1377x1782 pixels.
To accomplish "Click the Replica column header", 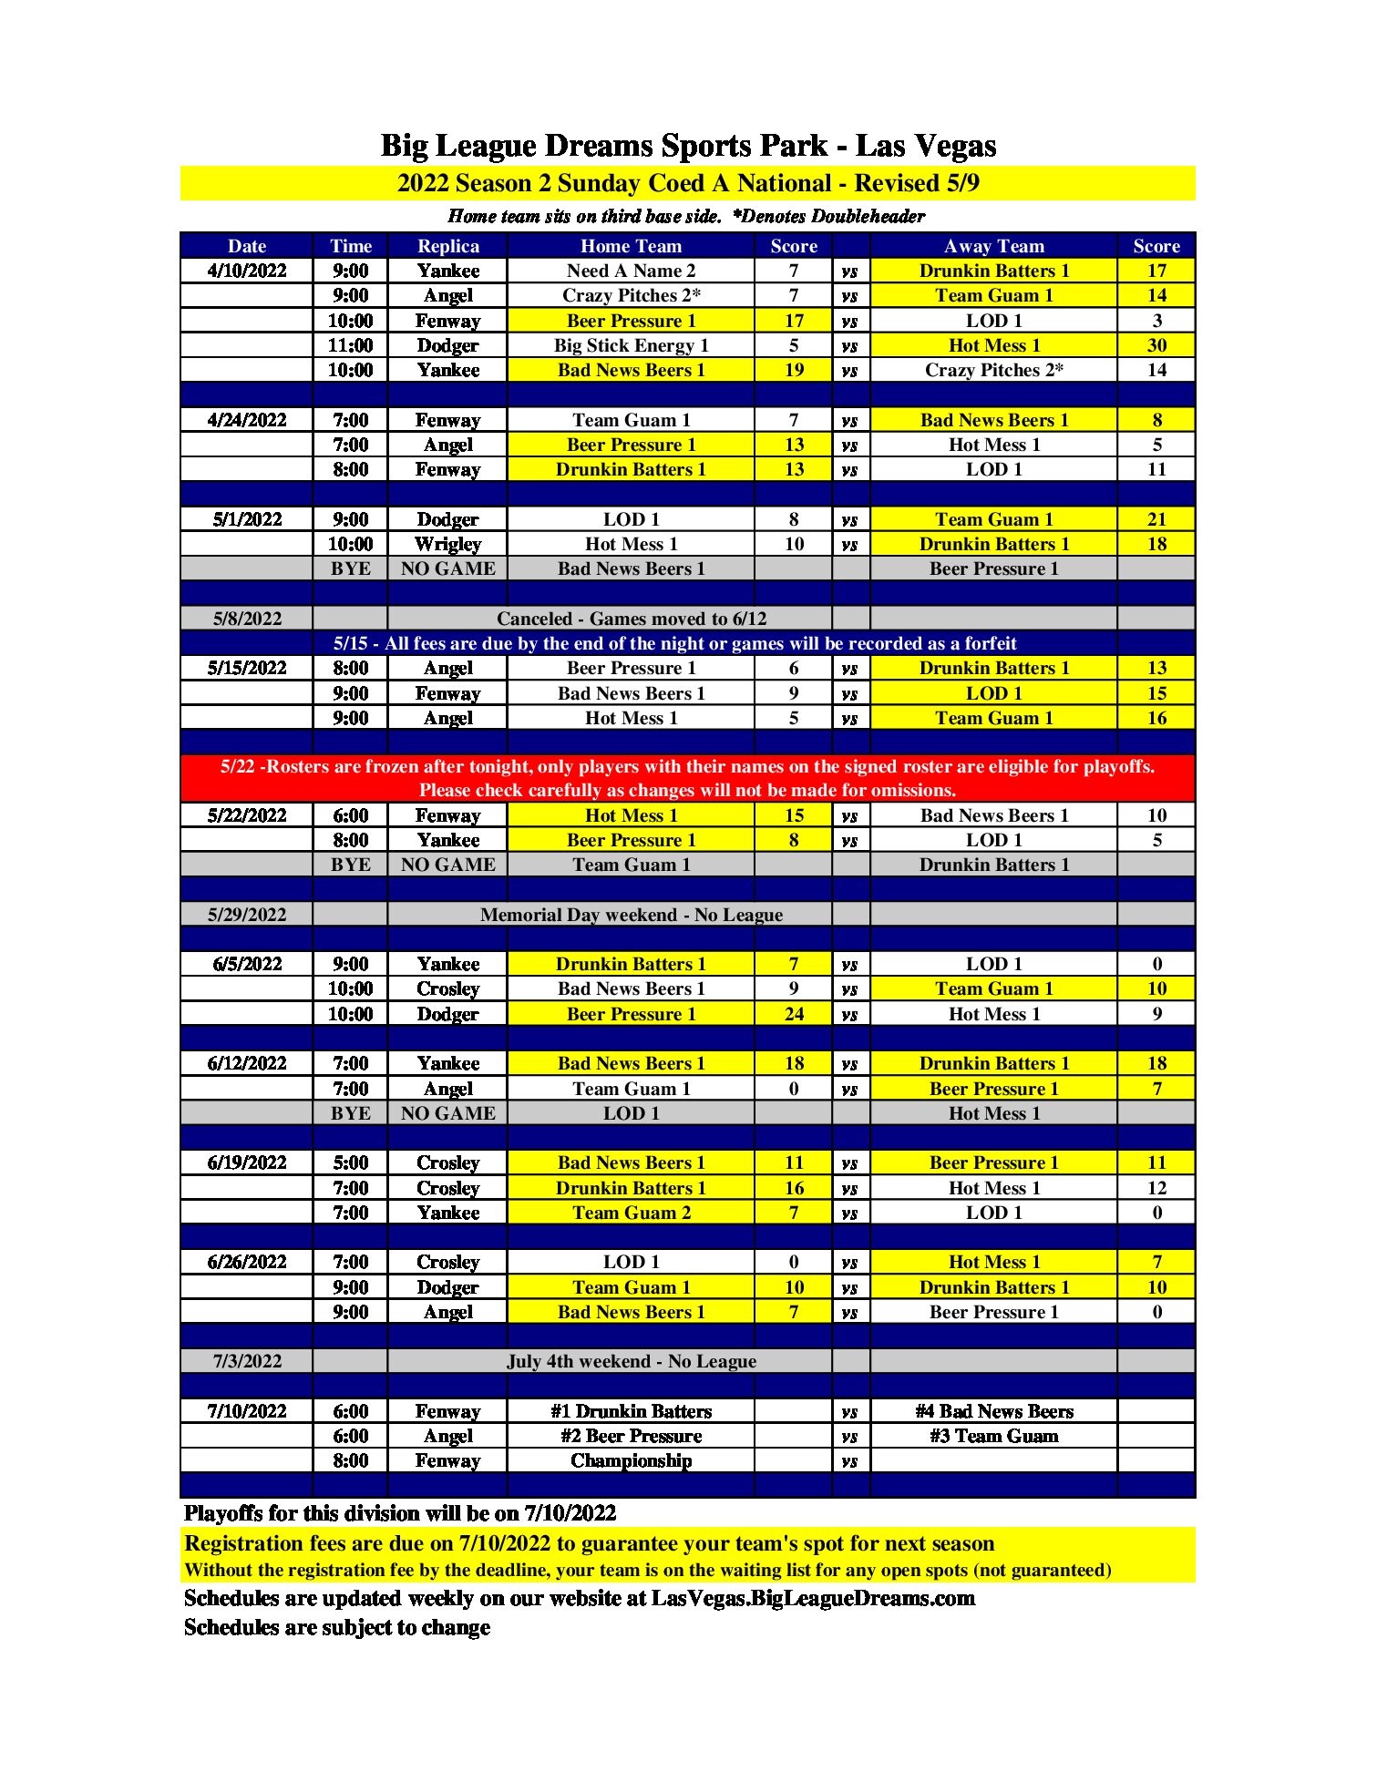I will coord(447,246).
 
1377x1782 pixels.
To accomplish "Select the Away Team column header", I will coord(993,246).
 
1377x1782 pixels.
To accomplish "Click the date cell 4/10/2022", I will coord(247,271).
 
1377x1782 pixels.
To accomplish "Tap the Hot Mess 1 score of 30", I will coord(1156,345).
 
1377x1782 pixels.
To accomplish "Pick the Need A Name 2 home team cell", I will coord(631,271).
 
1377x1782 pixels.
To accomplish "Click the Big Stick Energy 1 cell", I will coord(631,345).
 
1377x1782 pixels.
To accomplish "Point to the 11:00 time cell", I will coord(351,345).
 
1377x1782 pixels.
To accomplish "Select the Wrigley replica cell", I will coord(447,544).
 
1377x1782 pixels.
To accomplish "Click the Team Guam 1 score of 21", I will coord(1156,519).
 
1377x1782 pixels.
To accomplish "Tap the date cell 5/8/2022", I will coord(247,619).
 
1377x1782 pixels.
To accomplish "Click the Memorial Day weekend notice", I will coord(631,915).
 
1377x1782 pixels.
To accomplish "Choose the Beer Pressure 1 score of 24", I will coord(794,1014).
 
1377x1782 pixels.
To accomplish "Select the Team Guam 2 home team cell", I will coord(631,1213).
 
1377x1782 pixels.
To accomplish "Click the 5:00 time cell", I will coord(351,1162).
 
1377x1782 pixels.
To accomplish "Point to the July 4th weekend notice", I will coord(631,1361).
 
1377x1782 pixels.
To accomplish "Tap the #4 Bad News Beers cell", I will coord(993,1411).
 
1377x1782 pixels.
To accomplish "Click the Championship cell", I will coord(631,1460).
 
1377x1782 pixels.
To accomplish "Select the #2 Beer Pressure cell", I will coord(631,1436).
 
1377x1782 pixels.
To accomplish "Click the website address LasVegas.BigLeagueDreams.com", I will coord(813,1598).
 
